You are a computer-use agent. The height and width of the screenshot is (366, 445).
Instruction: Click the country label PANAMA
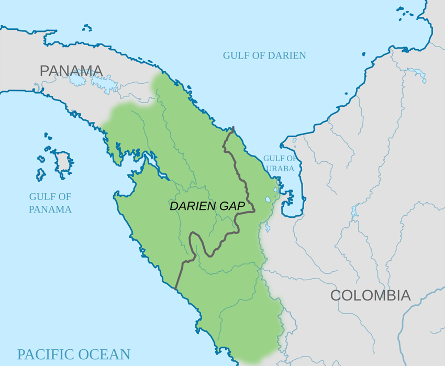point(71,71)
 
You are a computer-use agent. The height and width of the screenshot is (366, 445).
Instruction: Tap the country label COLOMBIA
point(370,295)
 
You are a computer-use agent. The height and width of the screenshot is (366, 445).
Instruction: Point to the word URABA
point(280,168)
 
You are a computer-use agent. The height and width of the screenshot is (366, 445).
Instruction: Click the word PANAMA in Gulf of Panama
point(50,209)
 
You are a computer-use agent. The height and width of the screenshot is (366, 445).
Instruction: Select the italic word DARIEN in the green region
point(193,206)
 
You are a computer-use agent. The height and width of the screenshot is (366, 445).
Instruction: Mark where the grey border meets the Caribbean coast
point(233,127)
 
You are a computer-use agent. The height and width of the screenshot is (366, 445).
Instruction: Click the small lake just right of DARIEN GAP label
point(268,199)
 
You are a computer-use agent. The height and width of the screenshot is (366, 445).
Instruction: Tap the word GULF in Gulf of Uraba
point(273,158)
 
